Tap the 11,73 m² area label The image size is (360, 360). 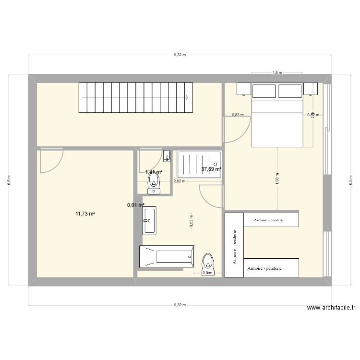(85, 214)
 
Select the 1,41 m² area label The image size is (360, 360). (154, 172)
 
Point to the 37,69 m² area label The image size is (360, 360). (211, 169)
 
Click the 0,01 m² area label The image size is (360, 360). (135, 205)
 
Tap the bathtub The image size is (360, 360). (167, 256)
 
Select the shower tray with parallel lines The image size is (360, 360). (200, 165)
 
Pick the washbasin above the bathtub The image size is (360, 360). (149, 221)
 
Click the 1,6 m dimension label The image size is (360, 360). (277, 73)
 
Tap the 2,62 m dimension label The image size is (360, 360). (179, 181)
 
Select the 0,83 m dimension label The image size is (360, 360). (238, 115)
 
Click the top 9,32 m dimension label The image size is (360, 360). (179, 55)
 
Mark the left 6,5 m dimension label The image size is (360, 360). (9, 180)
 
